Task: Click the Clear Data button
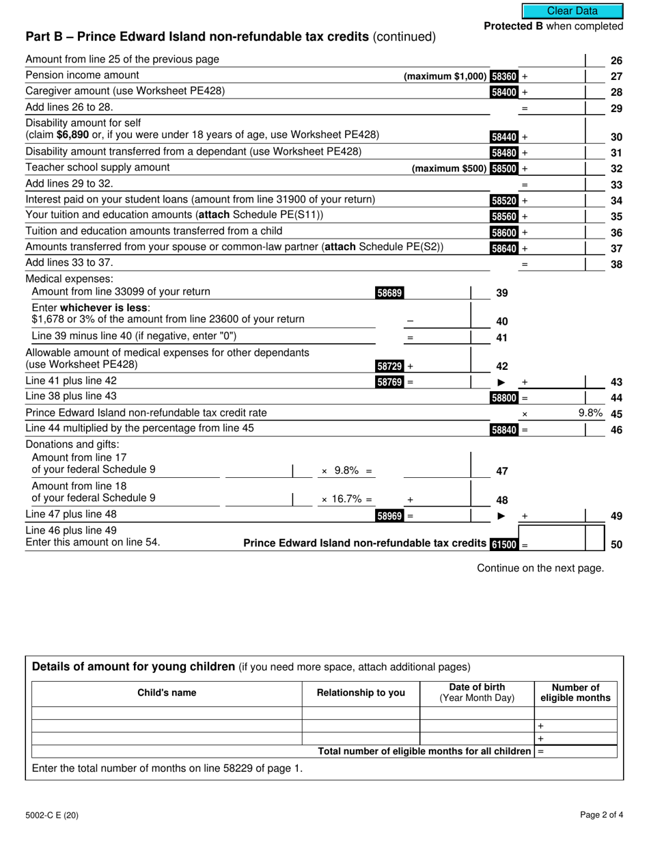(x=572, y=11)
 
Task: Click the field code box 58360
(x=504, y=77)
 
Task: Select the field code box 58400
(x=504, y=92)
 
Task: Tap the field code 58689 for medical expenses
(x=389, y=293)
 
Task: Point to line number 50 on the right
(x=616, y=545)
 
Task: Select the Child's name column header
(x=167, y=693)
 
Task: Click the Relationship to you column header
(x=361, y=693)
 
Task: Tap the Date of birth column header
(x=477, y=693)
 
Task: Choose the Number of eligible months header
(x=575, y=693)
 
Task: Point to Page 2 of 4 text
(x=601, y=814)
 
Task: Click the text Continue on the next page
(x=540, y=568)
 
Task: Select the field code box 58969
(x=389, y=516)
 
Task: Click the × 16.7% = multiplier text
(x=347, y=500)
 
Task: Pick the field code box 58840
(x=504, y=430)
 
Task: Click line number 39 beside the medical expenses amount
(x=501, y=293)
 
